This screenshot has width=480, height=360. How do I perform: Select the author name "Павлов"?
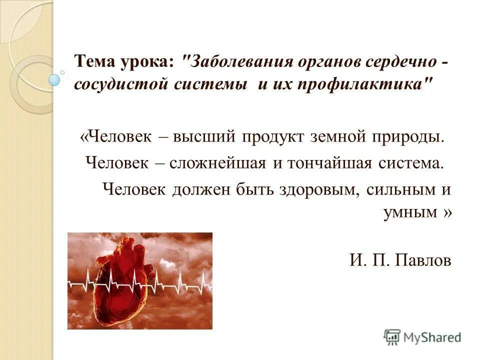[x=423, y=260]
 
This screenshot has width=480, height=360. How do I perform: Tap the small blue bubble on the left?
[x=54, y=79]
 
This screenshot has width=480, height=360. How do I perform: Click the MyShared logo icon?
[x=392, y=336]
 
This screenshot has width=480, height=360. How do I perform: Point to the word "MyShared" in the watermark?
[x=433, y=337]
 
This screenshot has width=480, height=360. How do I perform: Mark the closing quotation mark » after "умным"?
[x=446, y=212]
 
